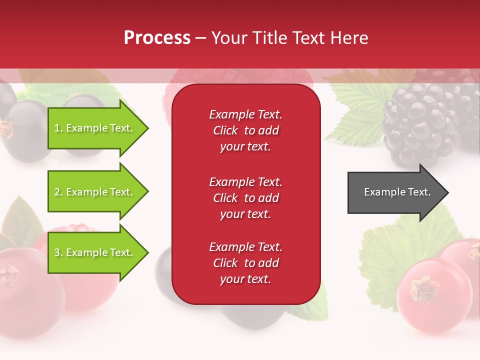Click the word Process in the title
coord(157,38)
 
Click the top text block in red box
coord(245,130)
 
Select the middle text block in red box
coord(245,198)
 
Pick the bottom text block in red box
coord(245,263)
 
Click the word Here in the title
coord(350,38)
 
